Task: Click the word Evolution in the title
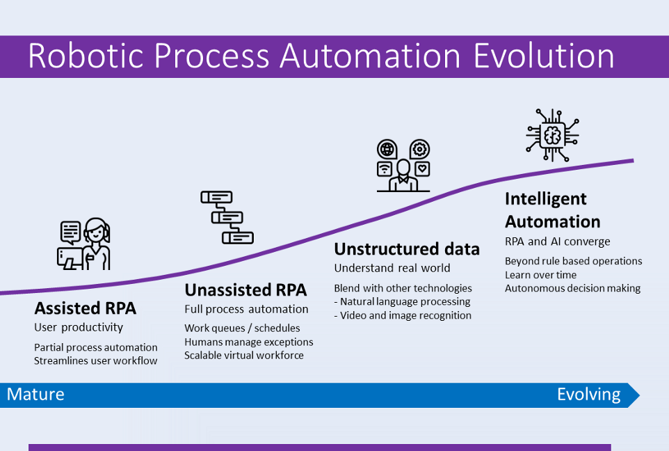(544, 56)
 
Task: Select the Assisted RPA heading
(86, 308)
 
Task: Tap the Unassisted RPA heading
(245, 290)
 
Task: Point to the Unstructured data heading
(407, 249)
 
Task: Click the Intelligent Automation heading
(552, 210)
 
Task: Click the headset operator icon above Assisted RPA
(84, 244)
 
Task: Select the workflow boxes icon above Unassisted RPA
(227, 216)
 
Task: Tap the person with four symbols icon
(403, 166)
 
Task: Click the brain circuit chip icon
(552, 134)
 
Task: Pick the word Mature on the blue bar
(35, 395)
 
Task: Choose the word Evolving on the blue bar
(588, 395)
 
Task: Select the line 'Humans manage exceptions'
(248, 342)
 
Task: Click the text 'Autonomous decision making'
(572, 288)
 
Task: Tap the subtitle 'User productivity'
(79, 327)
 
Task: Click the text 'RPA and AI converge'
(557, 242)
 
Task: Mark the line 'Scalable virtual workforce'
(244, 355)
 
